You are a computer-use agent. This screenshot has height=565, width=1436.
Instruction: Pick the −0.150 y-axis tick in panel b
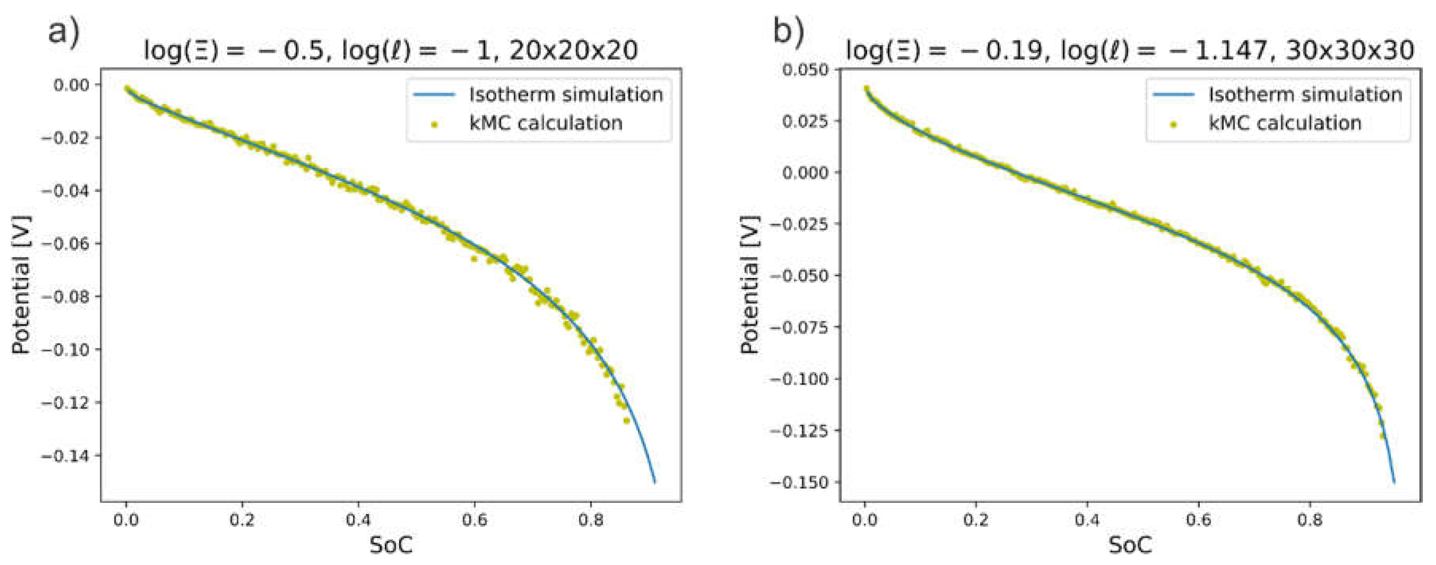(x=798, y=482)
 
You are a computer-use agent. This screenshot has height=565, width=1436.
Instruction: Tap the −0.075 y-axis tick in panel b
(x=798, y=327)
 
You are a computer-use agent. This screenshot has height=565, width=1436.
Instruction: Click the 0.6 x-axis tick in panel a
(x=474, y=520)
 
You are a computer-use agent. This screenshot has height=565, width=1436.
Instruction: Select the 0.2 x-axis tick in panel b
(x=976, y=520)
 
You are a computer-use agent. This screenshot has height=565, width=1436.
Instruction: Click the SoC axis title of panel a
(x=391, y=545)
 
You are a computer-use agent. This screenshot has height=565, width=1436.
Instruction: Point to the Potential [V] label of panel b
(x=750, y=284)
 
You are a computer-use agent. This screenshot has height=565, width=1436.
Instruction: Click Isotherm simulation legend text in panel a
(x=566, y=95)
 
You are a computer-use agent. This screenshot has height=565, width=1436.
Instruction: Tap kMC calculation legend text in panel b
(x=1285, y=123)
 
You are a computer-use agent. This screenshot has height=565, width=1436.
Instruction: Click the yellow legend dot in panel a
(x=434, y=124)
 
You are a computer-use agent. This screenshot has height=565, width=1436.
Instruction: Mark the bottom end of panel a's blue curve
(x=655, y=482)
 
